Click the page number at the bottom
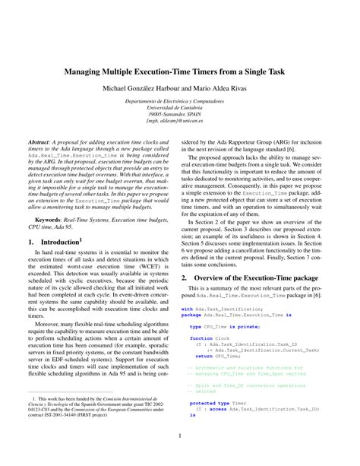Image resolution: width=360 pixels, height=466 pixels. (180, 436)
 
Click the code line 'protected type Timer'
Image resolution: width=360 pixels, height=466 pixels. (216, 403)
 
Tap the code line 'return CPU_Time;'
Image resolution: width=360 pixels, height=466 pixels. (218, 355)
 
